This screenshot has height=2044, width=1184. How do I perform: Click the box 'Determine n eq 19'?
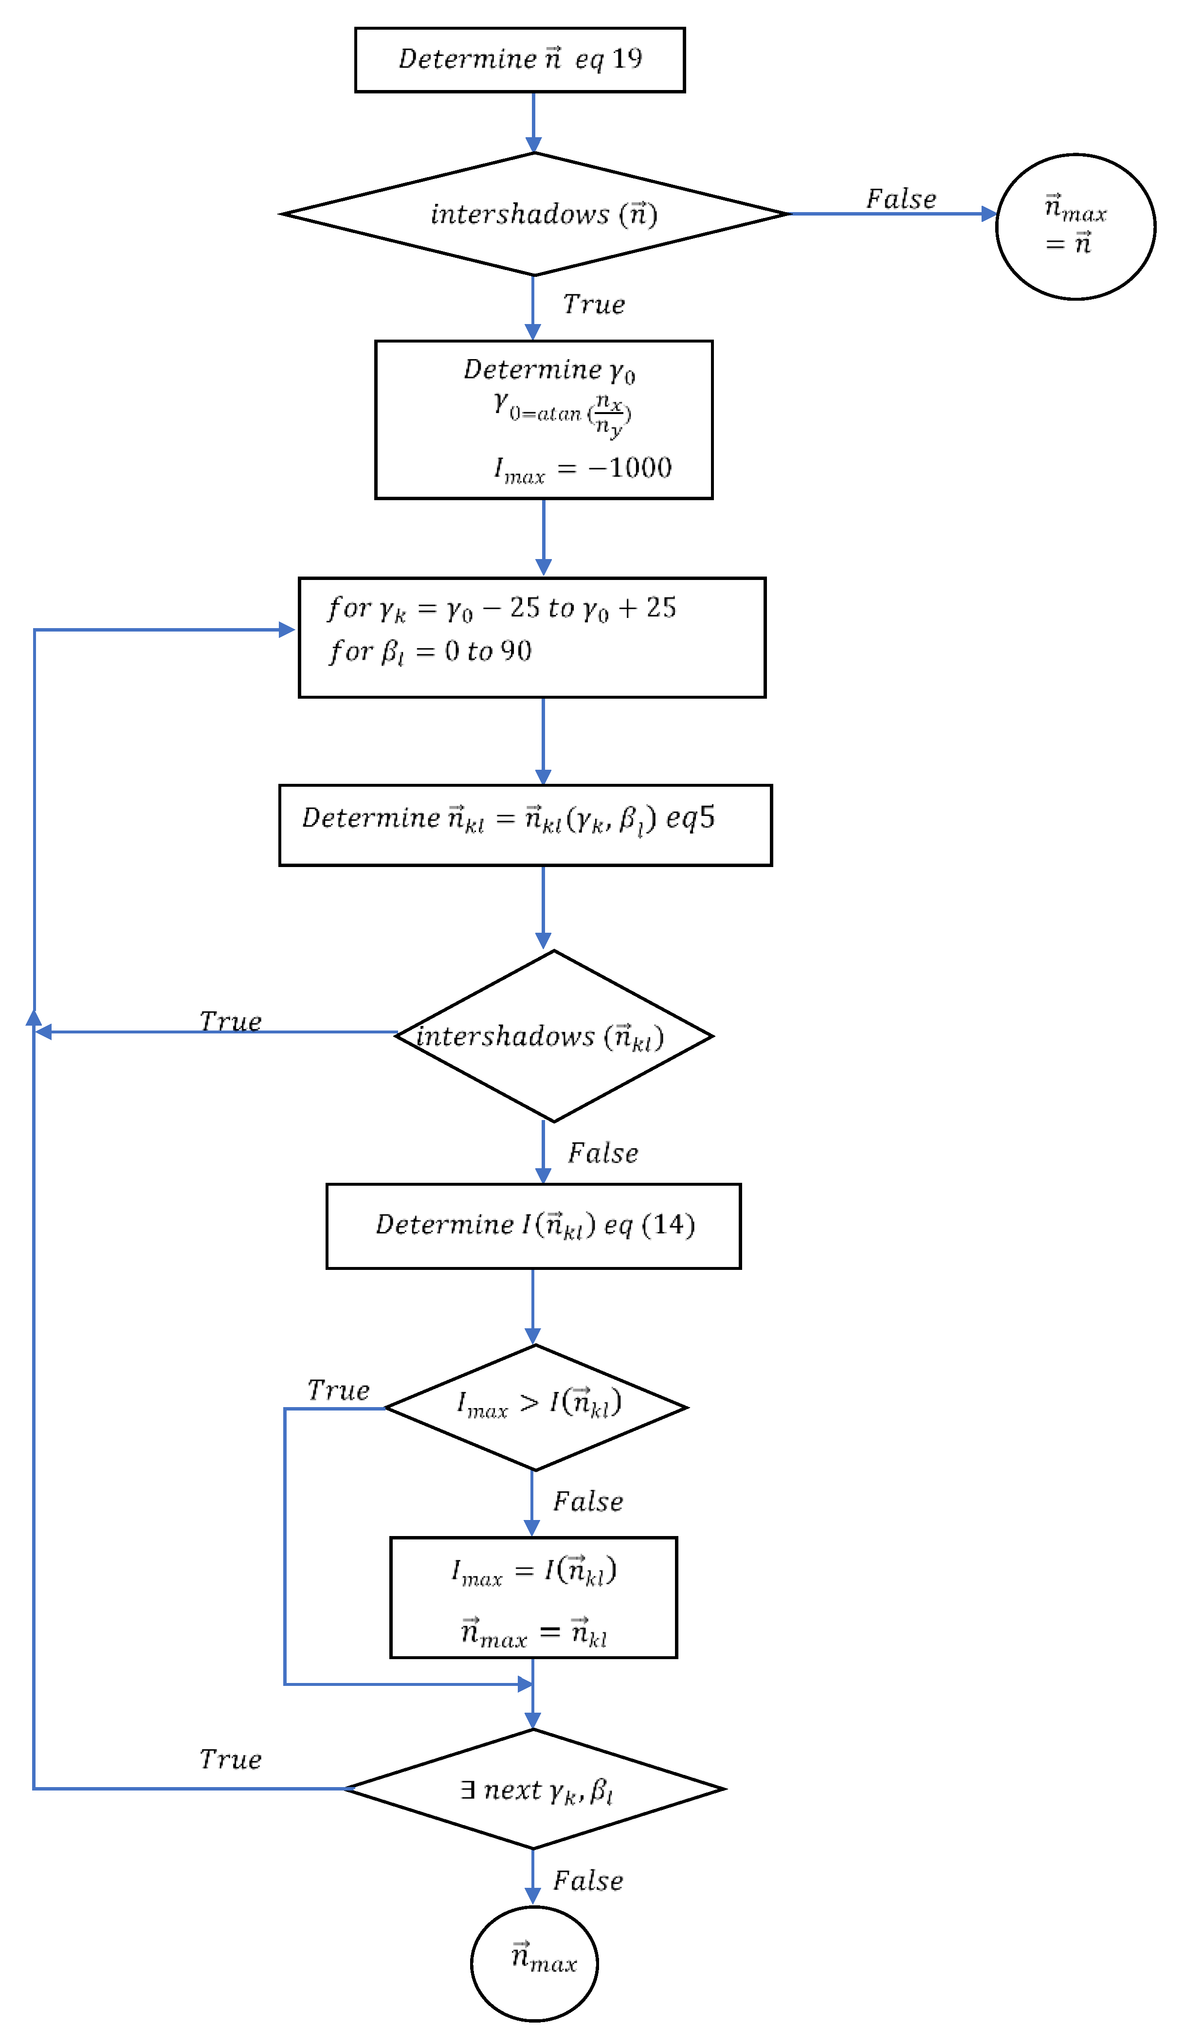[519, 60]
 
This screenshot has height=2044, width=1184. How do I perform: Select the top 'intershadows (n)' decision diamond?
[534, 214]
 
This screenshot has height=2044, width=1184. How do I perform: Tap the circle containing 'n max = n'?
[1075, 226]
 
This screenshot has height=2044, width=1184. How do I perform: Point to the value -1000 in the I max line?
[630, 468]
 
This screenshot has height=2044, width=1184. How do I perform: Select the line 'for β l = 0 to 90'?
[430, 651]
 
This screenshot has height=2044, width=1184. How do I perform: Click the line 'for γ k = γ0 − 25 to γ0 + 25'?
[502, 608]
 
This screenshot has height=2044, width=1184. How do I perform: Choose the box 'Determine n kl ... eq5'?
[525, 825]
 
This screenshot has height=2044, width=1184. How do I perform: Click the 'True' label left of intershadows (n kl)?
[231, 1021]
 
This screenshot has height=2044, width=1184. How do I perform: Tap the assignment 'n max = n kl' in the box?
[533, 1632]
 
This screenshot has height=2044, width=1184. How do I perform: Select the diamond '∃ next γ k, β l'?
[534, 1789]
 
